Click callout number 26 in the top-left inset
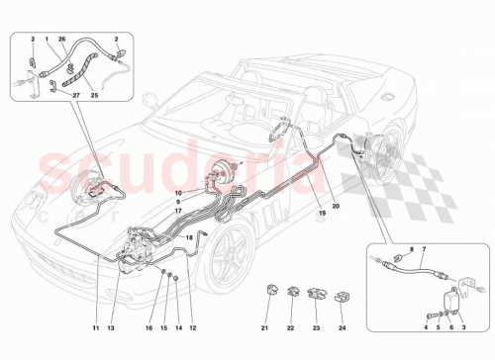click(61, 40)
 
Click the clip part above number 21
click(265, 292)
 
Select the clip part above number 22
click(292, 292)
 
